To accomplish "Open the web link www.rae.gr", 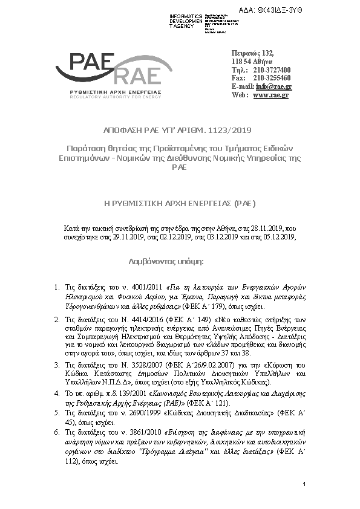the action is tap(270, 95).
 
